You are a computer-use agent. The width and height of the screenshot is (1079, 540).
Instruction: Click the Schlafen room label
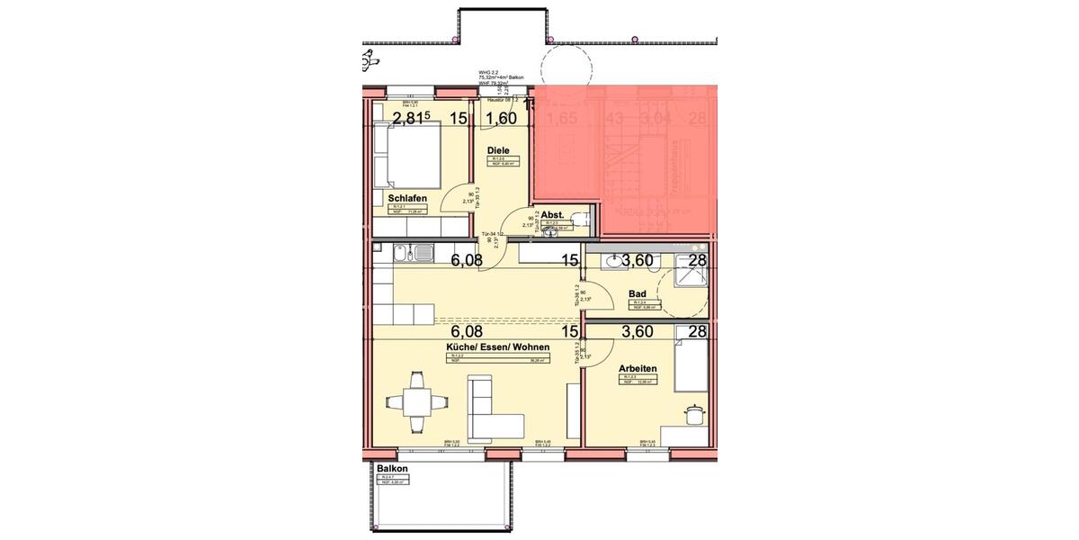click(406, 197)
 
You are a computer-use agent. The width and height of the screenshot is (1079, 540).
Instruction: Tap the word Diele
click(498, 150)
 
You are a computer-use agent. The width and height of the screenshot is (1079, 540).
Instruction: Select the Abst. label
click(552, 214)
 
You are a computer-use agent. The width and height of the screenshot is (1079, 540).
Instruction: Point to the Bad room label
click(638, 293)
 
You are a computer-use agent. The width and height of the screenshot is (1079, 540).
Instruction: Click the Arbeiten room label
click(638, 368)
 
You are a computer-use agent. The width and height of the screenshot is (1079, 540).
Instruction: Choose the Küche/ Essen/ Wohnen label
click(497, 346)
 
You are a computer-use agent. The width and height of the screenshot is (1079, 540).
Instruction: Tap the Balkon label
click(392, 470)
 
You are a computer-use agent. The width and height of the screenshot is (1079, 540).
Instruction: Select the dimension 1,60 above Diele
click(502, 118)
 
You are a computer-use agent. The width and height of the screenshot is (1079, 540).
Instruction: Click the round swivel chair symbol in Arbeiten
click(693, 414)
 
